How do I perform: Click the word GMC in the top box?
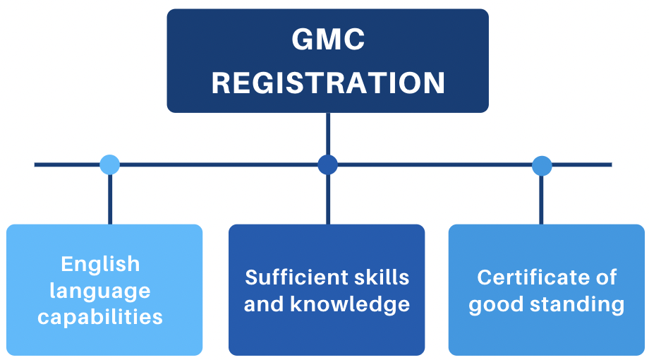pos(328,40)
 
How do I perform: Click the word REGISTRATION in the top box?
pos(328,83)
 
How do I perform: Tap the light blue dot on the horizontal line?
pos(109,165)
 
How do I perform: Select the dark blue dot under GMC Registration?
pos(328,165)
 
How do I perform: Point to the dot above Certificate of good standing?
pos(542,166)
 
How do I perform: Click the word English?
pos(101,264)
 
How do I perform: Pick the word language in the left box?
pos(100,292)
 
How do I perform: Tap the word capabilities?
pos(100,318)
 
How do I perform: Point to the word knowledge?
pos(350,304)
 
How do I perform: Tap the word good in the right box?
pos(496,306)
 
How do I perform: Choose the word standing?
pos(577,306)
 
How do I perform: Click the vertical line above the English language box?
pos(109,200)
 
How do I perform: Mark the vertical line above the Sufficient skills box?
pos(328,200)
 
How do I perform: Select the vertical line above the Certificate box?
pos(541,200)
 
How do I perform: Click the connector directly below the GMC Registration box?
pos(328,134)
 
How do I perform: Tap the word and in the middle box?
pos(264,304)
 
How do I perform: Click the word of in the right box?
pos(607,277)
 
